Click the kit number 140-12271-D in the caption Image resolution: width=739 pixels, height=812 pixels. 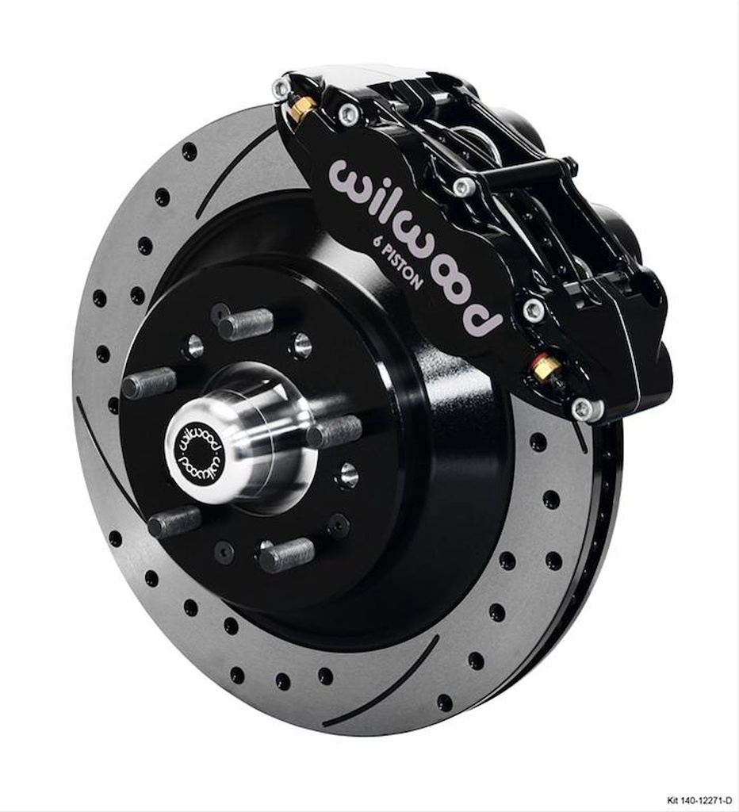click(698, 801)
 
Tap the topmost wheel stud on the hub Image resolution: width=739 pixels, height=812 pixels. click(246, 324)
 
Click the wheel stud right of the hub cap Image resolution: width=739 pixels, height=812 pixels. click(334, 432)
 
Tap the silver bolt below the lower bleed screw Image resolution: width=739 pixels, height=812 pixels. click(583, 408)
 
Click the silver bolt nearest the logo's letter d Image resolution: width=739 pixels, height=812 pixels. click(534, 309)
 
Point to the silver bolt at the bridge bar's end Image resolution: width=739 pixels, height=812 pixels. click(464, 186)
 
